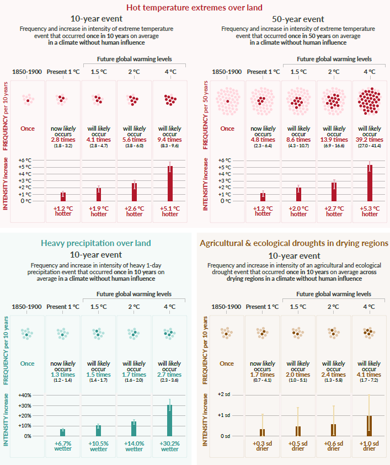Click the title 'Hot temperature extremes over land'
click(194, 7)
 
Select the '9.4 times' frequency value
click(170, 140)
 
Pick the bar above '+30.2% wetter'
click(169, 420)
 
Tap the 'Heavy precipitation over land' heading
click(95, 243)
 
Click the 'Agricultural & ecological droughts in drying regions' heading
click(293, 243)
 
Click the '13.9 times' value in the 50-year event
click(334, 140)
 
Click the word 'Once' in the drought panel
click(227, 364)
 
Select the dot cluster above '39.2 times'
click(370, 100)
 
